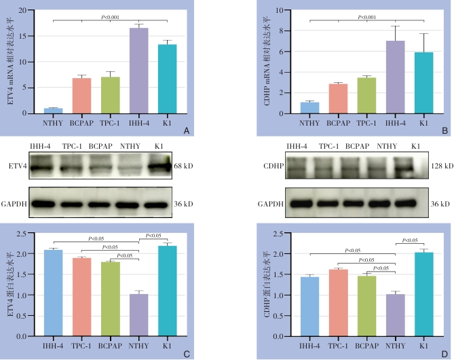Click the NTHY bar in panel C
[x=139, y=315]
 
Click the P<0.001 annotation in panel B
[x=367, y=16]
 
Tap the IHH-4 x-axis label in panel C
[x=53, y=346]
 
